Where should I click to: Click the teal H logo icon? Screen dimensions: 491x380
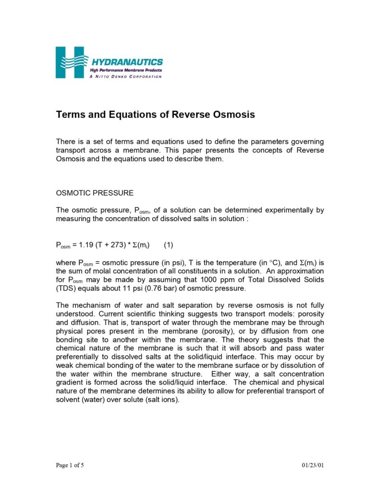pyautogui.click(x=70, y=62)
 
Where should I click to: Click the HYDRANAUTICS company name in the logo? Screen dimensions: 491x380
pyautogui.click(x=127, y=62)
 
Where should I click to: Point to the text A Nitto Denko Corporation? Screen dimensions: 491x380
pyautogui.click(x=126, y=77)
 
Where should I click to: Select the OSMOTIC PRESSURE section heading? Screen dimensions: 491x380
pyautogui.click(x=95, y=194)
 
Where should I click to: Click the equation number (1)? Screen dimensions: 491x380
pyautogui.click(x=168, y=245)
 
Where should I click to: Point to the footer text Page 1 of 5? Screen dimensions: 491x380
pyautogui.click(x=70, y=465)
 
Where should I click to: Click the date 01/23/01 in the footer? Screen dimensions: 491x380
pyautogui.click(x=313, y=465)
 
